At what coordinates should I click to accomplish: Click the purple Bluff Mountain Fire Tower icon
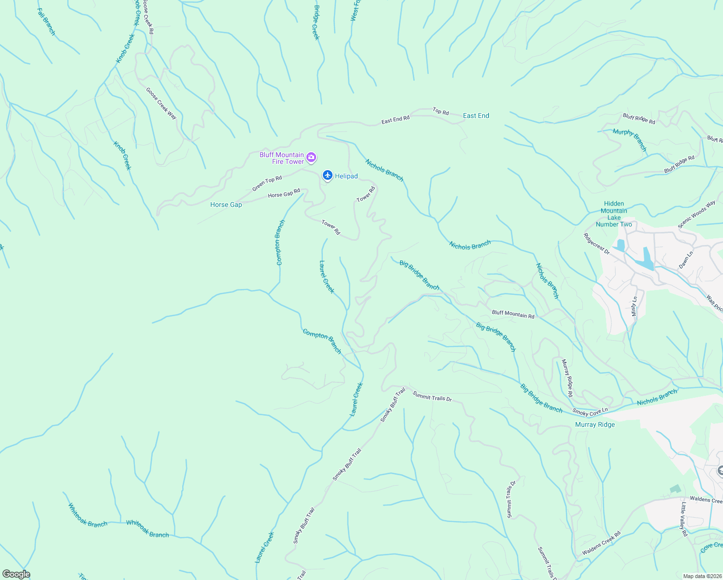pos(311,157)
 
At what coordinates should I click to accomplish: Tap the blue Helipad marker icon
pos(328,175)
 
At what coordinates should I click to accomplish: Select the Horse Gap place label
pos(226,205)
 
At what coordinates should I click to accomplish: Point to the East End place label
pos(476,116)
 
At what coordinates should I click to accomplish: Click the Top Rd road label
pos(441,112)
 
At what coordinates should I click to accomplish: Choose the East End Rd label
pos(395,119)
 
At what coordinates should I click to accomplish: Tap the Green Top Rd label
pos(267,184)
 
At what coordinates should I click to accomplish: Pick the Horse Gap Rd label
pos(284,194)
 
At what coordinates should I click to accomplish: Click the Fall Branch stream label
pos(46,22)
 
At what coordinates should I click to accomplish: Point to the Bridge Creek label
pos(317,23)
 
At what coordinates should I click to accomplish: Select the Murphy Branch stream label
pos(630,140)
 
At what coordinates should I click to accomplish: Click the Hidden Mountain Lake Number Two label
pos(614,214)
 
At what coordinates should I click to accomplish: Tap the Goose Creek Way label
pos(161,103)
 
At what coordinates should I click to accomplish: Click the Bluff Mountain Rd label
pos(513,314)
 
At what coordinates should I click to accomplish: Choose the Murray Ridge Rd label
pos(567,378)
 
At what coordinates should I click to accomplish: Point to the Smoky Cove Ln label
pos(590,412)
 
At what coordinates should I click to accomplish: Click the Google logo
pos(16,574)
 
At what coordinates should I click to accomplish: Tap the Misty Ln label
pos(635,306)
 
